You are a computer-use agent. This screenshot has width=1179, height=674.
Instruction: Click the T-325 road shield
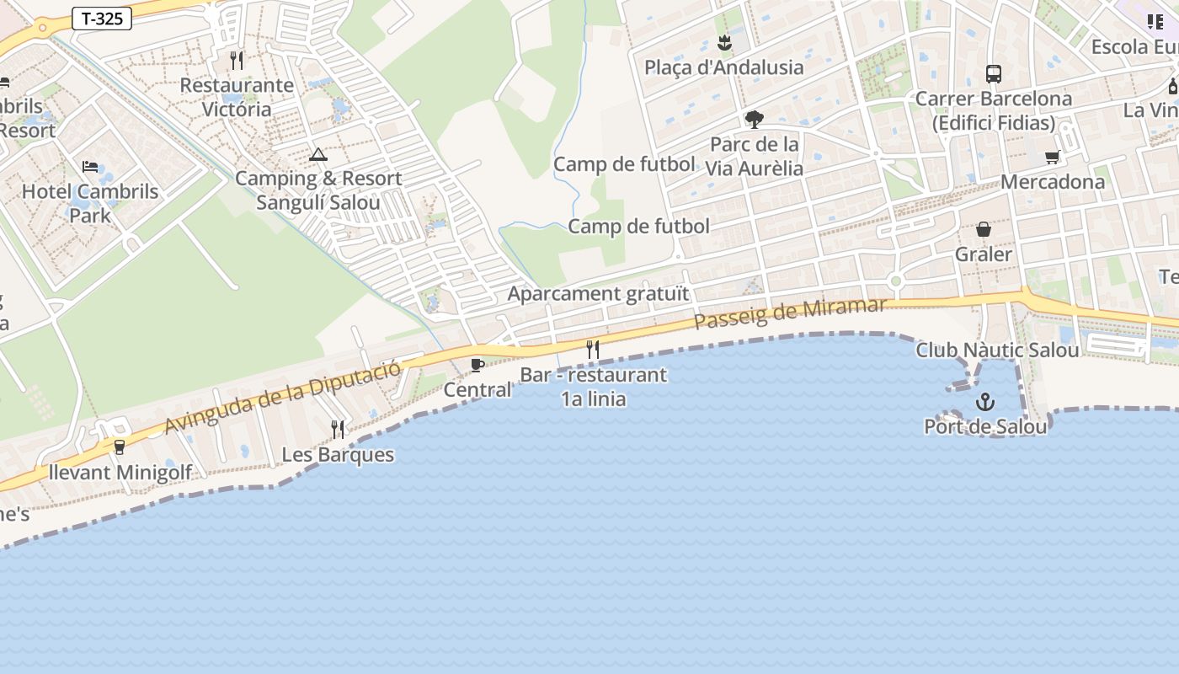coord(102,19)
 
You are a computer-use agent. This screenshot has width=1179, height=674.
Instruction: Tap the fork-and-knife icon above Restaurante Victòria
coord(237,61)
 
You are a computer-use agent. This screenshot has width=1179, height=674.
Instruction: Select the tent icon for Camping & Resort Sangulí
coord(317,154)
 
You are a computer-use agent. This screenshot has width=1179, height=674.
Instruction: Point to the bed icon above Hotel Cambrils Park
coord(90,167)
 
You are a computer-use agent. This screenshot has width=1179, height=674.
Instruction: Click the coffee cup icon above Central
coord(477,365)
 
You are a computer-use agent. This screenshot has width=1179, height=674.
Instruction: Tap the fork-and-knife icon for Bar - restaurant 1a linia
coord(593,349)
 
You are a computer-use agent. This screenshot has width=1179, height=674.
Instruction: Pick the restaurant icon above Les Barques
coord(338,429)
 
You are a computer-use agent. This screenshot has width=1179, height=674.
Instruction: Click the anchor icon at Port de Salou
coord(985,402)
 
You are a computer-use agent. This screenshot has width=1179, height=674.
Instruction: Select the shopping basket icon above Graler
coord(984,229)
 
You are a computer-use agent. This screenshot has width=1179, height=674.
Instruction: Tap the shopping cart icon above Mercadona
coord(1052,157)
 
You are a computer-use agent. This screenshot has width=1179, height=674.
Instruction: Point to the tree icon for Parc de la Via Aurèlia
coord(755,120)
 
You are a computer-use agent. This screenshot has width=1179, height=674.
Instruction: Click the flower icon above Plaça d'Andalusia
coord(724,42)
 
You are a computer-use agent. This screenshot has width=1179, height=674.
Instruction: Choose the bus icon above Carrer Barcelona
coord(994,74)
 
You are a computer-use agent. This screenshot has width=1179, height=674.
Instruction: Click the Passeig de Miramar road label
coord(790,314)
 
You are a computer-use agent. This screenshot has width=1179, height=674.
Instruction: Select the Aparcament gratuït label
coord(598,294)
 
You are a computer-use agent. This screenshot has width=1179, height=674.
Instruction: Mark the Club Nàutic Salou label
coord(997,350)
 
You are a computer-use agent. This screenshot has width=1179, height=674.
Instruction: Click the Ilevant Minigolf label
coord(120,472)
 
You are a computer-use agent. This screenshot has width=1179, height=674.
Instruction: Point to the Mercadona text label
coord(1052,182)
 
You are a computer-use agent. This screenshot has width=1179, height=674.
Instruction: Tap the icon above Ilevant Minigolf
coord(119,447)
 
